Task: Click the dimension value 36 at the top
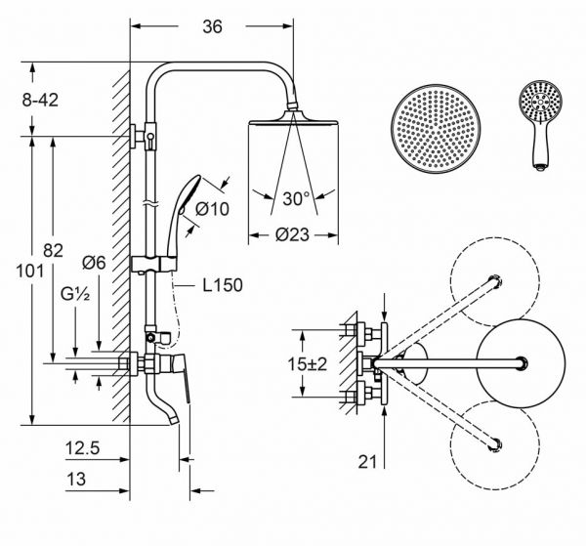coord(212,26)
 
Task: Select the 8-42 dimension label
coord(40,101)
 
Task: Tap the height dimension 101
coord(30,271)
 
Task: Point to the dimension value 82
coord(53,250)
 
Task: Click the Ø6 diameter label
coord(94,263)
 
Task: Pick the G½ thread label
coord(75,295)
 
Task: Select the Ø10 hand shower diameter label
coord(212,209)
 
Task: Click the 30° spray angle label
coord(296,198)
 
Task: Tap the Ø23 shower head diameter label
coord(292,234)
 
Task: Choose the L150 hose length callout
coord(223,285)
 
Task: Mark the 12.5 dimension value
coord(83,448)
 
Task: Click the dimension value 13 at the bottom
coord(76,479)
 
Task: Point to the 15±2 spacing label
coord(308,363)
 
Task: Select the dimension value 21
coord(368,462)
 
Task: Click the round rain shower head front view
coord(436,129)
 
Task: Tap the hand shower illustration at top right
coord(540,125)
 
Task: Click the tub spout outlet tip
coord(173,420)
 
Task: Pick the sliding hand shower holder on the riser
coord(154,265)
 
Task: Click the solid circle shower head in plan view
coord(521,363)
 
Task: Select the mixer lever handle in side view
coord(182,376)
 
